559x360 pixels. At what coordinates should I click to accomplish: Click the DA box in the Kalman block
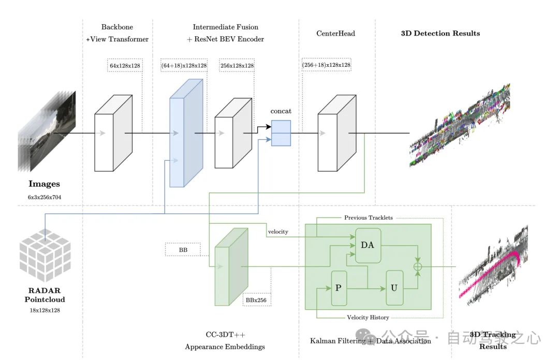367,245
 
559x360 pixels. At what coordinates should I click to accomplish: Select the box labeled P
339,288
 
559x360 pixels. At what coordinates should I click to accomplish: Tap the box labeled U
394,288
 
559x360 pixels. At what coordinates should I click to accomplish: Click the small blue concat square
281,133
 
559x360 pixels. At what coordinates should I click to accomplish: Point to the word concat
281,111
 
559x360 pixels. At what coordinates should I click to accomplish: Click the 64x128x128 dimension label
125,66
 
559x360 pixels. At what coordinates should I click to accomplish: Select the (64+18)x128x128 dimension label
184,66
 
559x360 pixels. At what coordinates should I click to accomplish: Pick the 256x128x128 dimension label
237,66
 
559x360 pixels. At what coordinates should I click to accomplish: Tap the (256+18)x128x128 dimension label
327,66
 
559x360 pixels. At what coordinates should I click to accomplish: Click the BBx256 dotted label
256,299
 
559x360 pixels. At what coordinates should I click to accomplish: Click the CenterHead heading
335,34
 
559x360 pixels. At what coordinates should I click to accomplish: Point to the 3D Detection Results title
440,34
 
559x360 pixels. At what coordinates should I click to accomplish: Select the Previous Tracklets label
369,218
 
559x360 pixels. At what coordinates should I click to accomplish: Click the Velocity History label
368,318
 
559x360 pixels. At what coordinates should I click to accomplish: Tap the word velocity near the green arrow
278,232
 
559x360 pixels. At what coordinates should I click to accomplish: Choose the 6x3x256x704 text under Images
44,197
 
